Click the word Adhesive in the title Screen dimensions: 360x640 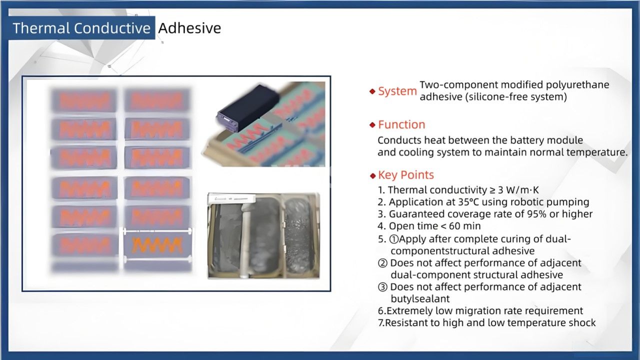189,28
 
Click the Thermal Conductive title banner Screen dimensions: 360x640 82,28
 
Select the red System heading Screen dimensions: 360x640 397,91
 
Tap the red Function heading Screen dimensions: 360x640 401,124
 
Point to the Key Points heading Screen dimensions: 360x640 405,175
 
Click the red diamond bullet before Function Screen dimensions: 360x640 372,125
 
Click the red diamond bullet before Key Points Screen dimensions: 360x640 372,175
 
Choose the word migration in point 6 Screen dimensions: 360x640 474,310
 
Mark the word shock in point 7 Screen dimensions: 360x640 580,322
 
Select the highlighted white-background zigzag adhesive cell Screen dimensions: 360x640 157,245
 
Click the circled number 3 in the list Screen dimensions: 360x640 382,287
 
